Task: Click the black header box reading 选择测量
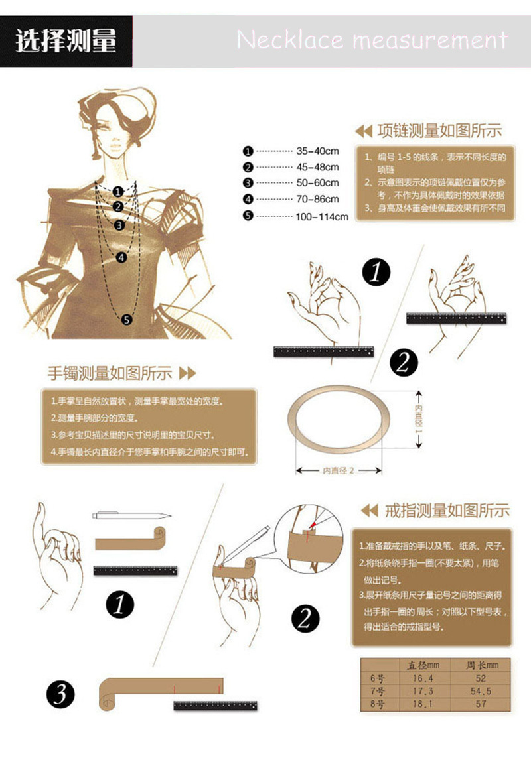66,41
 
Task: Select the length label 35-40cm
317,151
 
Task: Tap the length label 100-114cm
322,216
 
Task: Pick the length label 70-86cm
317,199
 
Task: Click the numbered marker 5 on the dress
127,320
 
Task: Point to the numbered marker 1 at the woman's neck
117,192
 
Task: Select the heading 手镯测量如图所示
110,373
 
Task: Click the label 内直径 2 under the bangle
339,470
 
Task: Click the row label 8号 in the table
376,704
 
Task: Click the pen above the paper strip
132,515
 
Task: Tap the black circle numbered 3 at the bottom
60,695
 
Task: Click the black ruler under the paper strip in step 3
215,706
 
